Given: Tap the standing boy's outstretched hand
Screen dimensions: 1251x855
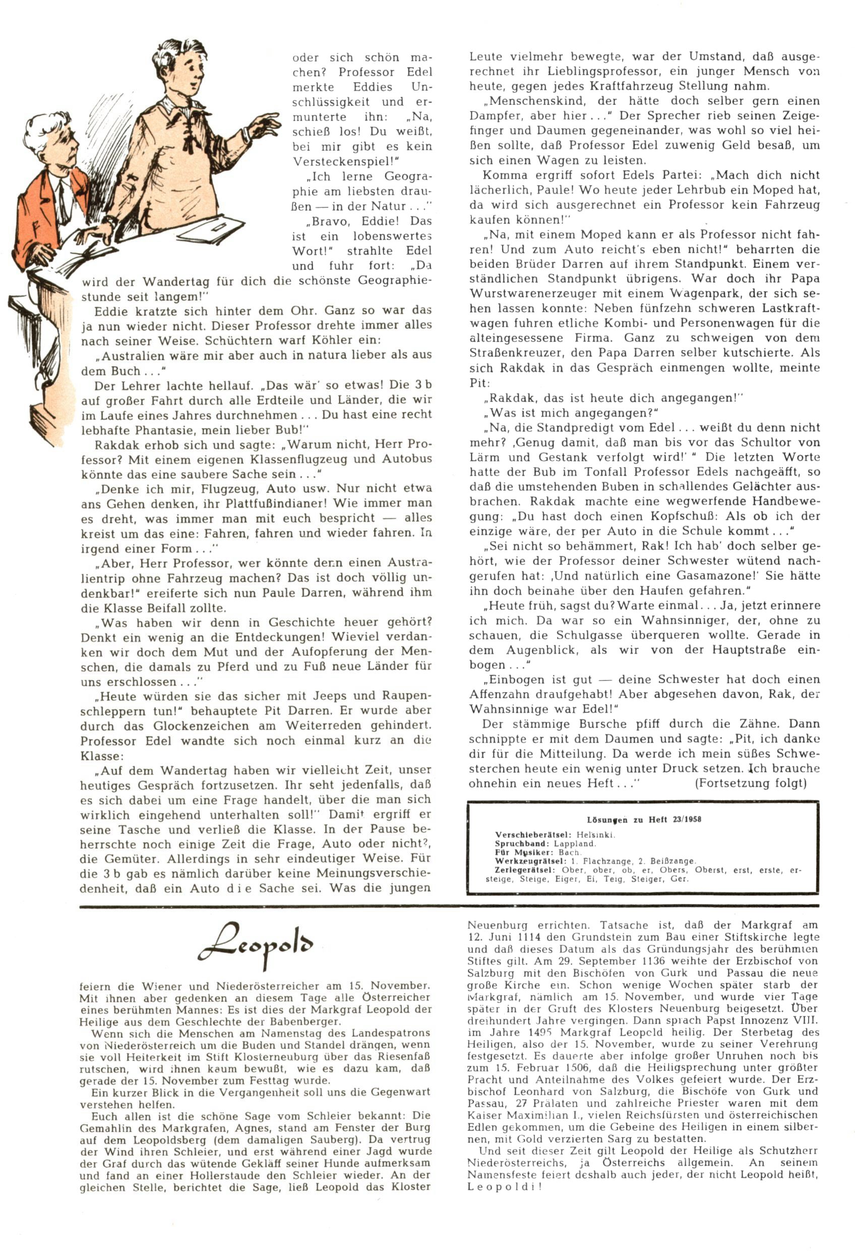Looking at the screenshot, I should coord(265,125).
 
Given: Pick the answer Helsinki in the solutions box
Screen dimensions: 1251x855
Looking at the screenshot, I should coord(592,835).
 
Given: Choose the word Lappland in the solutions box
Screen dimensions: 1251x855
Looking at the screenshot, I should coord(575,843).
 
